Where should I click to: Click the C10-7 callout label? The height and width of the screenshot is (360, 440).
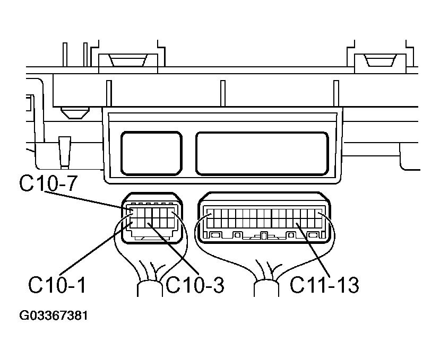48,183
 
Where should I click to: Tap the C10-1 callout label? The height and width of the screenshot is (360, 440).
57,285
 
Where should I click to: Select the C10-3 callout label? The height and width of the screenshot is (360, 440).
195,285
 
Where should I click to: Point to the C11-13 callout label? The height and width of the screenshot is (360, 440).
324,285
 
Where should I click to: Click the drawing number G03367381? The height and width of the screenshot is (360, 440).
54,315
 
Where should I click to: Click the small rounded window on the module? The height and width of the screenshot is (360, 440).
151,154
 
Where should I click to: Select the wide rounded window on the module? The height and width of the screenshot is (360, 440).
262,154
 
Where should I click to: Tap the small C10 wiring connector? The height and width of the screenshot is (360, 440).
152,218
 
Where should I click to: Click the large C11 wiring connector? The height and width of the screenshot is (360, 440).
264,217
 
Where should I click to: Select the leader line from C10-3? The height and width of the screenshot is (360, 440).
173,244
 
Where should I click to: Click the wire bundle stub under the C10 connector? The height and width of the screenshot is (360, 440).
150,288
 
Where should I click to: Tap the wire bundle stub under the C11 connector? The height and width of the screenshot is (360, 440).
266,288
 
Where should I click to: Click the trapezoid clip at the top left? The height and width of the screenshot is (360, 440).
128,60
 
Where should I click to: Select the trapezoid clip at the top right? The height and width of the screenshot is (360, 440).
381,60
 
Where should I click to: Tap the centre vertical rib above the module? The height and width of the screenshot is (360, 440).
223,93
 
